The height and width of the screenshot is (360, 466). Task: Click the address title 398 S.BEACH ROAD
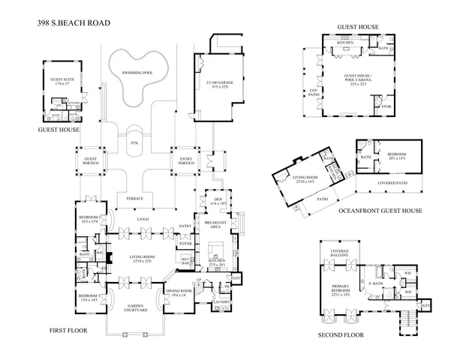(x=74, y=23)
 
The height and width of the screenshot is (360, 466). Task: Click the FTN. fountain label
(x=135, y=142)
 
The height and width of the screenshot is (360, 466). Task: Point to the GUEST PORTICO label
(x=91, y=160)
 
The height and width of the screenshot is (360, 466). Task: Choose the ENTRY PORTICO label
(x=187, y=160)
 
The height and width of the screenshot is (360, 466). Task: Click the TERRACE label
(x=135, y=198)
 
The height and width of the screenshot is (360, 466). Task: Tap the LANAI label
(x=143, y=220)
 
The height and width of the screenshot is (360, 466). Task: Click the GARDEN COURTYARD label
(x=135, y=307)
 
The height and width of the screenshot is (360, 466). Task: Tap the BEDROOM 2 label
(x=89, y=219)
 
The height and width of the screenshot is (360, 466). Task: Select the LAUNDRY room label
(x=221, y=301)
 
